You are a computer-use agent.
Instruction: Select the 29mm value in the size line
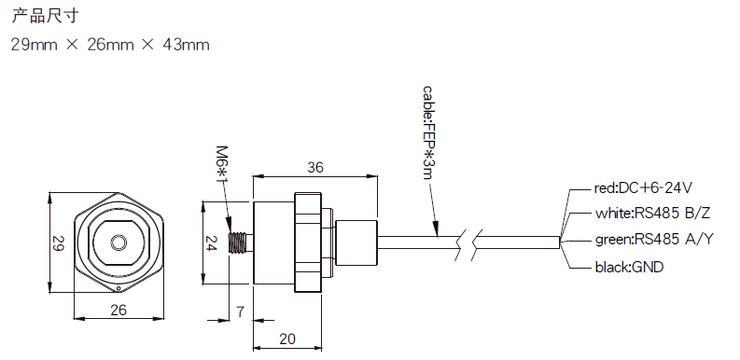pyautogui.click(x=33, y=44)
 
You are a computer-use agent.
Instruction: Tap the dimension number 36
pyautogui.click(x=315, y=168)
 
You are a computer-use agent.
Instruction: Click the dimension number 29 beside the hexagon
pyautogui.click(x=57, y=243)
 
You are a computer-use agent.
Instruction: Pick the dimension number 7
pyautogui.click(x=240, y=312)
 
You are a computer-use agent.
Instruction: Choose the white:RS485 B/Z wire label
pyautogui.click(x=652, y=213)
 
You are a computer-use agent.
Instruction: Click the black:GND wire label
pyautogui.click(x=629, y=267)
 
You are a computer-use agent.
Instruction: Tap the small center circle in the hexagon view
pyautogui.click(x=119, y=242)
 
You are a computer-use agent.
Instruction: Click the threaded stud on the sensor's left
pyautogui.click(x=241, y=242)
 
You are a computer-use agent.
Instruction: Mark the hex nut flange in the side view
pyautogui.click(x=309, y=242)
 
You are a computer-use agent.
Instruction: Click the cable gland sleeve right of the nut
pyautogui.click(x=356, y=242)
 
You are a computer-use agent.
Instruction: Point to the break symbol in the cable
pyautogui.click(x=467, y=242)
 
